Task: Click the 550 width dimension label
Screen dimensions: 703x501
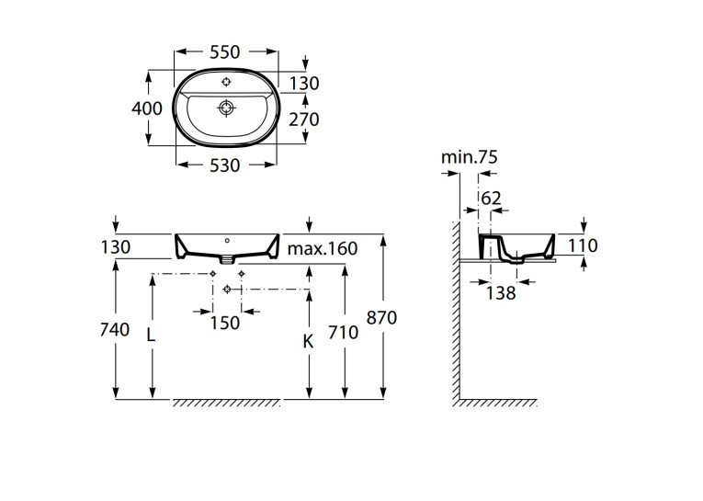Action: click(x=224, y=52)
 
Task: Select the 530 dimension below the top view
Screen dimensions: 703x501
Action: click(x=224, y=165)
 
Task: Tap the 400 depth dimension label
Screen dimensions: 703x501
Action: click(x=147, y=108)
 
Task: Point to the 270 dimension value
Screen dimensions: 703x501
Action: click(x=303, y=120)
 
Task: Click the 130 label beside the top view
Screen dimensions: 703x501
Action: click(x=303, y=84)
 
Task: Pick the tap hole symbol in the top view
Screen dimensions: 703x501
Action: click(x=226, y=82)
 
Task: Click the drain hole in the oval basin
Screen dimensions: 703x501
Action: click(x=226, y=108)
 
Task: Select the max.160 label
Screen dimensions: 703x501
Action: click(x=323, y=248)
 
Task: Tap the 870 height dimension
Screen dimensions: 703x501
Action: click(x=381, y=317)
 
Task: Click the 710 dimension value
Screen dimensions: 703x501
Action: click(x=343, y=333)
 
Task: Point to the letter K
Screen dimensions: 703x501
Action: click(x=308, y=342)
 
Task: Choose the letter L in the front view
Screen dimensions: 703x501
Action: click(x=151, y=334)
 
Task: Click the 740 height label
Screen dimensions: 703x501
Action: click(x=114, y=330)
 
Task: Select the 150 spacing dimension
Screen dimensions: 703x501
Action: click(x=224, y=323)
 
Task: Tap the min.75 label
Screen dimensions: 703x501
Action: click(x=470, y=157)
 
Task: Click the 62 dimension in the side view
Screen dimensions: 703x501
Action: click(x=491, y=199)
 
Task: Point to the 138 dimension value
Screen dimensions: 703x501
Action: click(x=501, y=293)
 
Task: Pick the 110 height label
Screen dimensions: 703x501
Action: click(x=583, y=245)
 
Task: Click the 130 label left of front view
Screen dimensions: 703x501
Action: click(x=116, y=247)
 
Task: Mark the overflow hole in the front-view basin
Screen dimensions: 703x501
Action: click(x=227, y=241)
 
